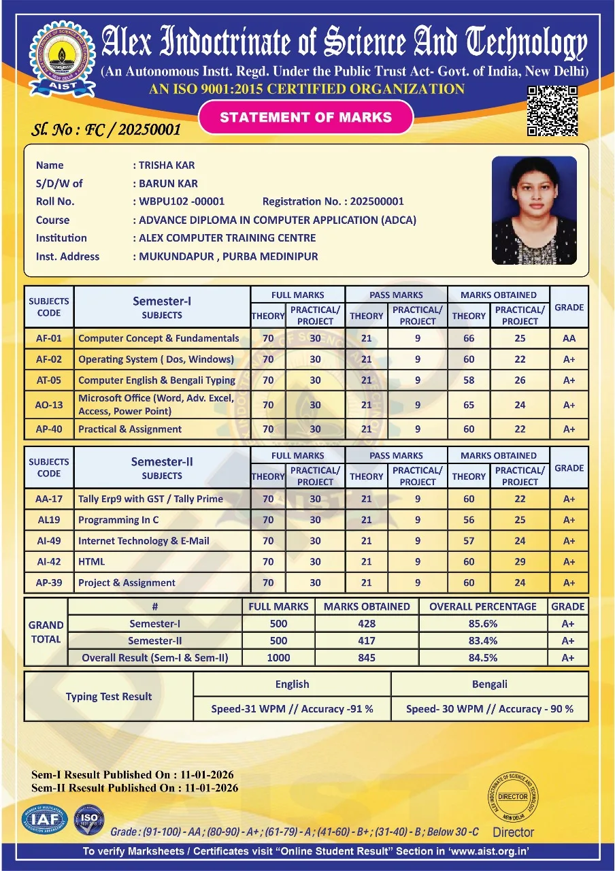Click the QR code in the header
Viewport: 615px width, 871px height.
coord(552,110)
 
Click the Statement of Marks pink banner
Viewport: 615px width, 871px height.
coord(305,117)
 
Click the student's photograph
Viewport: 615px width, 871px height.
coord(534,210)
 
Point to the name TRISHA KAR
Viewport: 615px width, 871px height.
coord(167,165)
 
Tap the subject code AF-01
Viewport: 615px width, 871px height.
coord(49,338)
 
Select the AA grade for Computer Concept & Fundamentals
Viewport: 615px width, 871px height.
coord(569,338)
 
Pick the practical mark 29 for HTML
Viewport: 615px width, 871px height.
coord(520,561)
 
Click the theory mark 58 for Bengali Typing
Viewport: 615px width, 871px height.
coord(469,380)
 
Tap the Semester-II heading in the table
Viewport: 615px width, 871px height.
coord(162,461)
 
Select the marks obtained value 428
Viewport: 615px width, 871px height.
coord(367,623)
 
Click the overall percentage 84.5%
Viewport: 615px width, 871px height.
coord(483,657)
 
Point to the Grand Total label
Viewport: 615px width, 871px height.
coord(46,631)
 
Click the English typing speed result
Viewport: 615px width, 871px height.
coord(292,708)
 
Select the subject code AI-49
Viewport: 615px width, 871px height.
coord(49,541)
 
